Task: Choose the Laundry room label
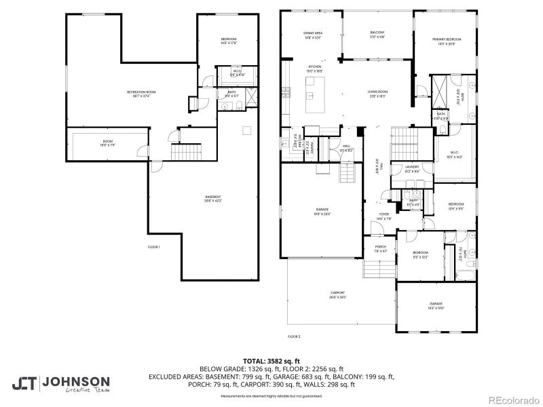(412, 168)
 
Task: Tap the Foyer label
(384, 216)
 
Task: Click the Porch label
(380, 248)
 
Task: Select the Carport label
(337, 294)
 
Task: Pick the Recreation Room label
(141, 94)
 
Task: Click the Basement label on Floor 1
(213, 199)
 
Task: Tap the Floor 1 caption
(153, 247)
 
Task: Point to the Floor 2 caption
(294, 336)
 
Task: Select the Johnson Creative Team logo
(60, 384)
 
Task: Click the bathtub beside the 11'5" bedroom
(467, 274)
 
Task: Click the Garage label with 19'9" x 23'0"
(322, 211)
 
